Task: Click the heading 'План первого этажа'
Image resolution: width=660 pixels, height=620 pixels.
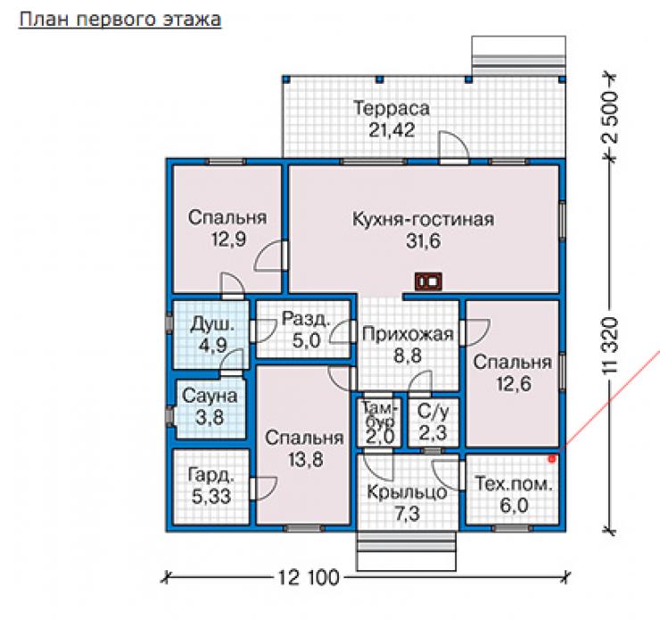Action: click(x=120, y=20)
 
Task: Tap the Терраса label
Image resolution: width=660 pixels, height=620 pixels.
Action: click(x=392, y=109)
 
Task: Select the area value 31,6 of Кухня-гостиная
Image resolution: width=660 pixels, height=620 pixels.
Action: click(x=423, y=241)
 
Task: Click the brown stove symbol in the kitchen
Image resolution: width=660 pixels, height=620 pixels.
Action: click(x=428, y=281)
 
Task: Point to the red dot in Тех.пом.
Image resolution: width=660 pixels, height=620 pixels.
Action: click(x=552, y=460)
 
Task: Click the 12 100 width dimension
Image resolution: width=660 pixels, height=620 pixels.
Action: click(x=308, y=577)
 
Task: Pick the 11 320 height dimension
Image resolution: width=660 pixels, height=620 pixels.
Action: click(x=611, y=346)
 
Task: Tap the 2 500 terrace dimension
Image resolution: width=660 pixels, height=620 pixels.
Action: click(x=611, y=118)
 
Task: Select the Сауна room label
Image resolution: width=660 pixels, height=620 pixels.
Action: click(x=210, y=396)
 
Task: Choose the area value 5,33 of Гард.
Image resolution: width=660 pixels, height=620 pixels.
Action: click(x=211, y=496)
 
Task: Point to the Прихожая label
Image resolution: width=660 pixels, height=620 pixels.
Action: click(x=408, y=335)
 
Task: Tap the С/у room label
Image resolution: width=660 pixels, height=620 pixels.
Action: click(x=433, y=412)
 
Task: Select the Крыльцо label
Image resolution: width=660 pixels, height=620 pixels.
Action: click(x=407, y=492)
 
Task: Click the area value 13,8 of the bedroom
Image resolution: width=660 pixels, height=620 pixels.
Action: click(x=306, y=460)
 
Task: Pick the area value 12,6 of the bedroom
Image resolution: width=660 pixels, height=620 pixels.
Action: click(x=514, y=384)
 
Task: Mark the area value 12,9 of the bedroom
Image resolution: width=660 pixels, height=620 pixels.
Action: click(x=228, y=239)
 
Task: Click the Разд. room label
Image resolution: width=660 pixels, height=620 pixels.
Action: click(x=306, y=319)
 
